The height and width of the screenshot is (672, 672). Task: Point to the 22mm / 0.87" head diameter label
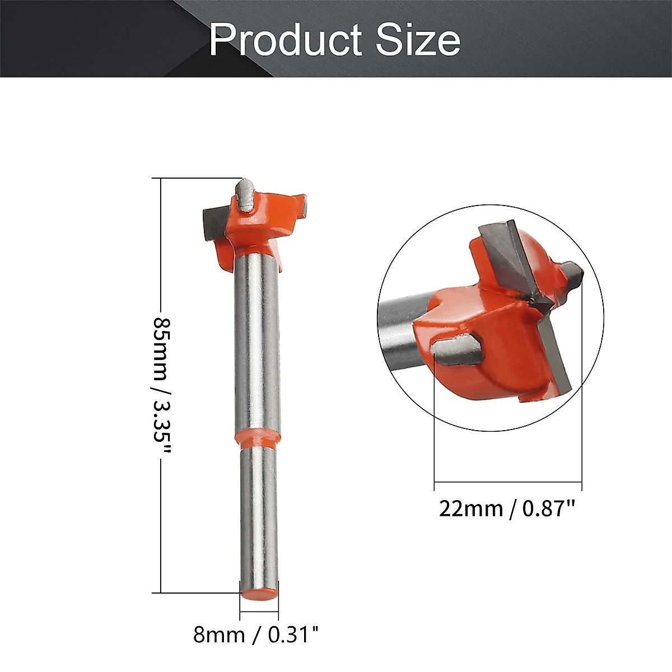click(x=507, y=509)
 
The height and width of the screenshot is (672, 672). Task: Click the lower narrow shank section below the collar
click(x=259, y=515)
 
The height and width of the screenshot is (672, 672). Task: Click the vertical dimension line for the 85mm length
click(x=161, y=252)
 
